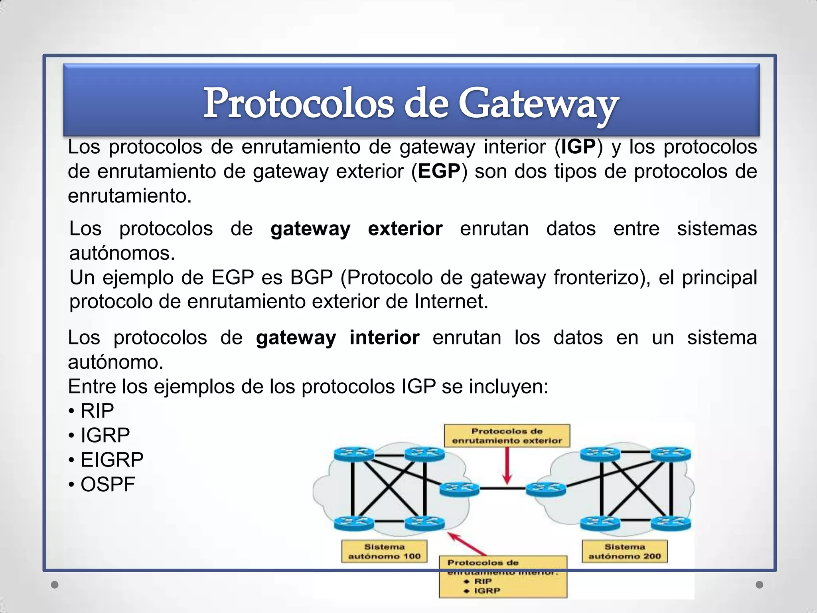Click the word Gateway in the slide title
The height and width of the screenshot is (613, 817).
538,104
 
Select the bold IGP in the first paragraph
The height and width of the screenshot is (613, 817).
578,147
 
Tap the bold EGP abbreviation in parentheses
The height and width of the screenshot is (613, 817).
439,172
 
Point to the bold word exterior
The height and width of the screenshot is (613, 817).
405,229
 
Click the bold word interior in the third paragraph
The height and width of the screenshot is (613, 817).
384,338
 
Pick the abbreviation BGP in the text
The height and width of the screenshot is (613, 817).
311,278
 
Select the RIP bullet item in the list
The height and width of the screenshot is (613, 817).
97,411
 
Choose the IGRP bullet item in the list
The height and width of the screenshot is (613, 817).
105,435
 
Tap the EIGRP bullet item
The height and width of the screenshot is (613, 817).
112,460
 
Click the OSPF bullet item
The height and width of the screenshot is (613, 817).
108,484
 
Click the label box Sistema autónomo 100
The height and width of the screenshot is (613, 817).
384,552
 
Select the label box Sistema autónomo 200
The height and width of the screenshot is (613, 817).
624,552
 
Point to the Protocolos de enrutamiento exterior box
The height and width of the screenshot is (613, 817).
507,436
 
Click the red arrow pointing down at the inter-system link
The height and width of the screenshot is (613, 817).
507,467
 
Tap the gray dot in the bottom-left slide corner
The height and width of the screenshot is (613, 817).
55,585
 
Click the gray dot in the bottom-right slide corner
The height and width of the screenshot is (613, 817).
760,585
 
